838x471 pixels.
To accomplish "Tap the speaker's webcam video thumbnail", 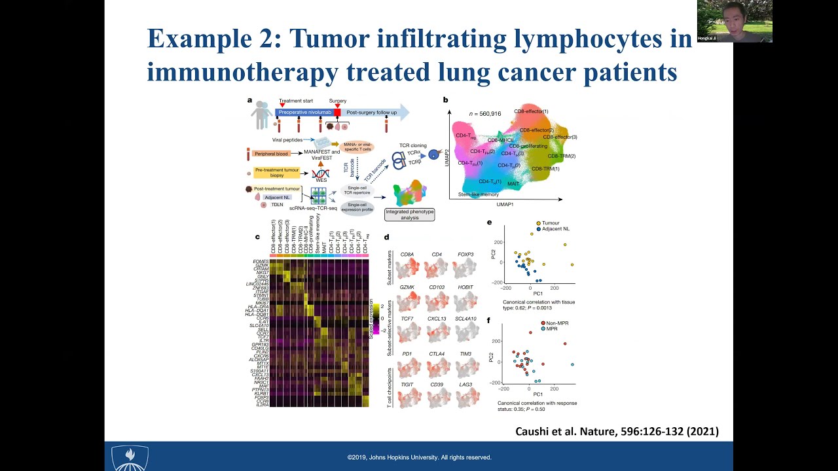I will pos(735,21).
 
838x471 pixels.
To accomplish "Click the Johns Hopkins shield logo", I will pos(130,457).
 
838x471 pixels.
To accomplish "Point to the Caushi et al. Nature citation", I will pos(617,431).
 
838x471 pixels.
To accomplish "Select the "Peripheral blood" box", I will pos(271,154).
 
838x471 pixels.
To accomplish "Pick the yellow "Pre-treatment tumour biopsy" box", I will pos(277,173).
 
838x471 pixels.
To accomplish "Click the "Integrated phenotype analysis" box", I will pos(409,214).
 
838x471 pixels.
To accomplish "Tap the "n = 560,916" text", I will pos(484,114).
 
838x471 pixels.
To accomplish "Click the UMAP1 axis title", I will pos(505,205).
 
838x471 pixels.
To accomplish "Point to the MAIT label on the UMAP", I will pos(513,184).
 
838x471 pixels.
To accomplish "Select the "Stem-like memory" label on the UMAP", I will pos(478,194).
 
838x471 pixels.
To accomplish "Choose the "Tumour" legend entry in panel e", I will pos(551,223).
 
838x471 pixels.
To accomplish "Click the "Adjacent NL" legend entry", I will pos(555,229).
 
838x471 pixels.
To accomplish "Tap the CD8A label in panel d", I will pos(407,254).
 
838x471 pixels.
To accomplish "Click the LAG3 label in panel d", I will pos(465,385).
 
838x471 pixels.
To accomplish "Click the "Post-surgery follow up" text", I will pos(371,113).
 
